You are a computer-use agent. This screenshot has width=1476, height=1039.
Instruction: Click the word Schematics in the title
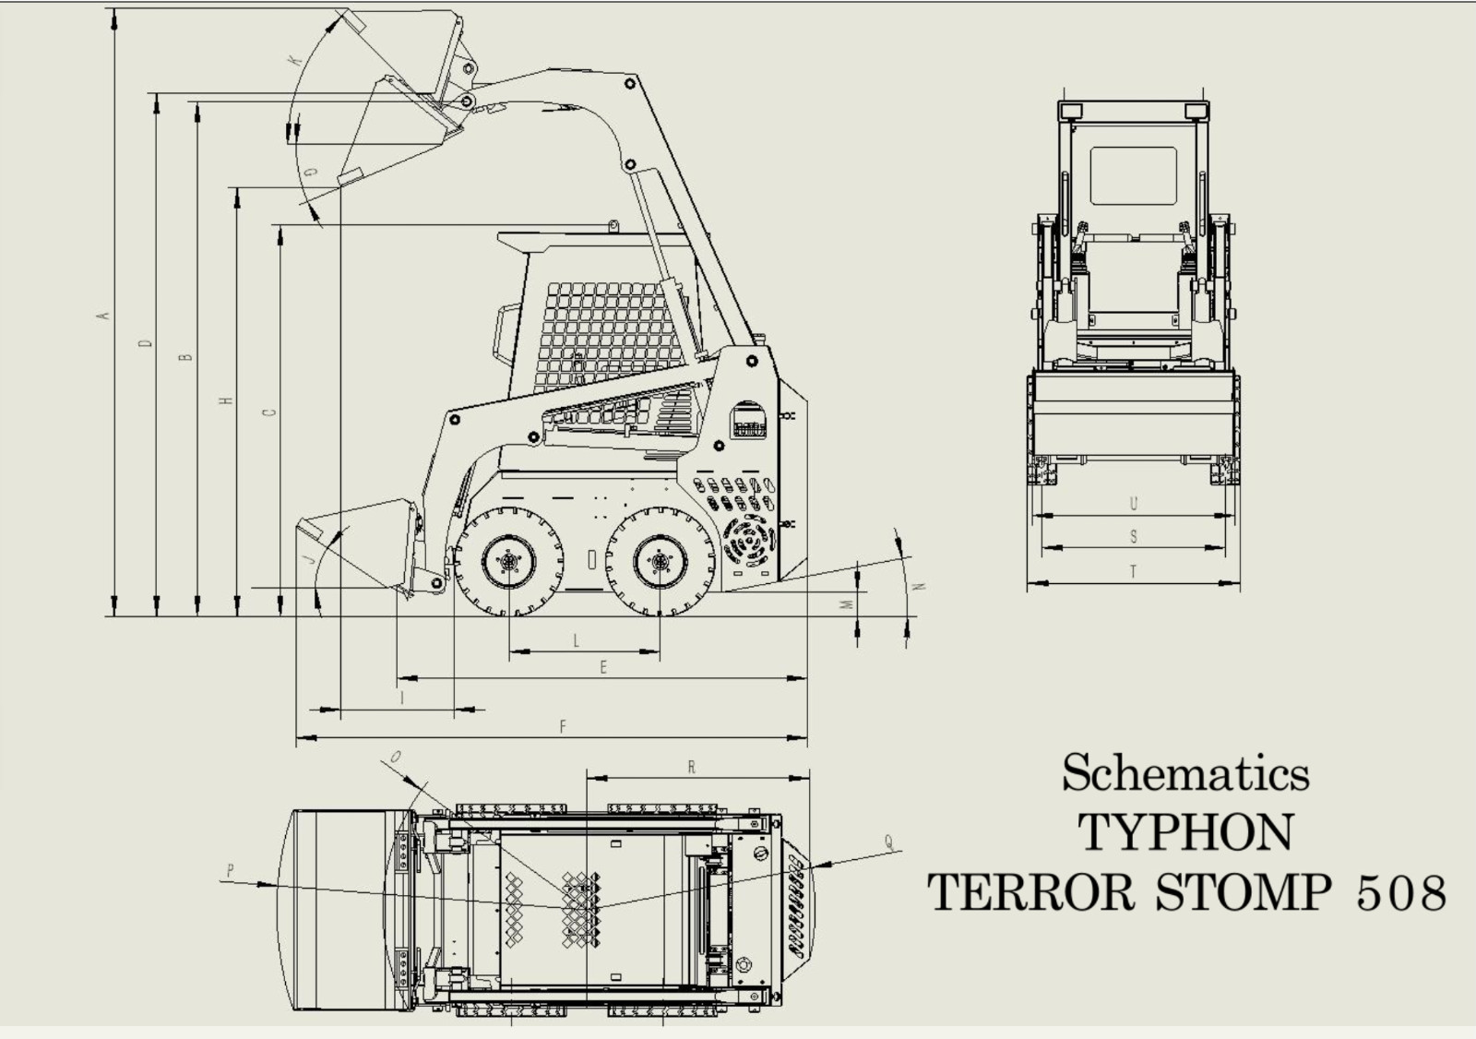1185,772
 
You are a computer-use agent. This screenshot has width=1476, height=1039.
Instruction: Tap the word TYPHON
1185,832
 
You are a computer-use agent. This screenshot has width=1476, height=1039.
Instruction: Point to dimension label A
102,316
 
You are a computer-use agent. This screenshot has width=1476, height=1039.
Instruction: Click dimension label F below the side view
563,726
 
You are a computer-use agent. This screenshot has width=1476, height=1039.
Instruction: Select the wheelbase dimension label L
576,640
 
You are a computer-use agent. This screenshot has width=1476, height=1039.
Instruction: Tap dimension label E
603,668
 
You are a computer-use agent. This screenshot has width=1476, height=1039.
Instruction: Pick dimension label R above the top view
691,767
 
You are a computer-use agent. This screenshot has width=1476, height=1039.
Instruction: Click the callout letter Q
889,842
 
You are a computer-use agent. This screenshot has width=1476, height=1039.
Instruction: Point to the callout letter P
230,871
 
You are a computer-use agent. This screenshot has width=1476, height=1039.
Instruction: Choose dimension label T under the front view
1134,571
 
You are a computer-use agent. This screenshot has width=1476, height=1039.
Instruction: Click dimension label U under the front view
1134,504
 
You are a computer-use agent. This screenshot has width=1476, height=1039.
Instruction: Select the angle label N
922,586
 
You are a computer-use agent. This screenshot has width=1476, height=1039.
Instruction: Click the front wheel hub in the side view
508,562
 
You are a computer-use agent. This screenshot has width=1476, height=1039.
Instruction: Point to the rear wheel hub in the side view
660,562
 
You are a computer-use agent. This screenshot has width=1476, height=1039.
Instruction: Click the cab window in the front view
1134,176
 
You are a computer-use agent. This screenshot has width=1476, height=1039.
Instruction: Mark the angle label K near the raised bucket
296,61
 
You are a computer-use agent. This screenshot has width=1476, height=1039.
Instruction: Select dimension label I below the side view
402,698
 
